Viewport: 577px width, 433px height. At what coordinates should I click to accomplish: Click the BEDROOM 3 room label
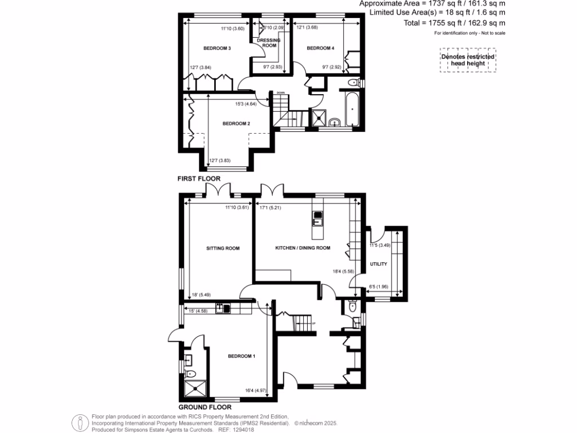(x=217, y=48)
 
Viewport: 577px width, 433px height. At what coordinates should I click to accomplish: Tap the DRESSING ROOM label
(x=268, y=43)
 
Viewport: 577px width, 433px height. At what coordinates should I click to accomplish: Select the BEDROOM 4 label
(x=321, y=48)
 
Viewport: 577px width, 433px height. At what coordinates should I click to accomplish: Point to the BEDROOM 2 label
(x=236, y=123)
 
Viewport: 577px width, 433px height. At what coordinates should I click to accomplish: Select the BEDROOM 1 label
(x=242, y=356)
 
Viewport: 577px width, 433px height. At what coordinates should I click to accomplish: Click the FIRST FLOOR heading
(x=199, y=179)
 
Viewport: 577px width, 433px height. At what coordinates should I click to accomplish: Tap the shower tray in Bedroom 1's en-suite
(x=196, y=390)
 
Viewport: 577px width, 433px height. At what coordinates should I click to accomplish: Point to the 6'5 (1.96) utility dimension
(x=379, y=286)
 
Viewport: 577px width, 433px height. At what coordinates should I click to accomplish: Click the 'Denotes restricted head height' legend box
(x=468, y=60)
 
